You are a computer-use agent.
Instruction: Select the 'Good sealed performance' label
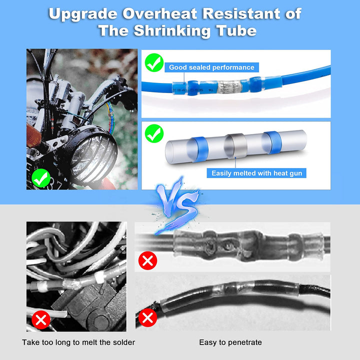(x=211, y=67)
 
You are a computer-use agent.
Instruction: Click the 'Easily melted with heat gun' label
(x=257, y=173)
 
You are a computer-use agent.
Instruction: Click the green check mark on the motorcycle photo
(x=40, y=177)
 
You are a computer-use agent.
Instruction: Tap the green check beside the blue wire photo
(x=154, y=63)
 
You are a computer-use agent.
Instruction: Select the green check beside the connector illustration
(x=154, y=133)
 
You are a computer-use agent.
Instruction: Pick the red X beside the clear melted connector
(x=147, y=260)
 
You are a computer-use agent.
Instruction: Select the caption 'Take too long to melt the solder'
(x=78, y=342)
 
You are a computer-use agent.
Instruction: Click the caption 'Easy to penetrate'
(x=230, y=342)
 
